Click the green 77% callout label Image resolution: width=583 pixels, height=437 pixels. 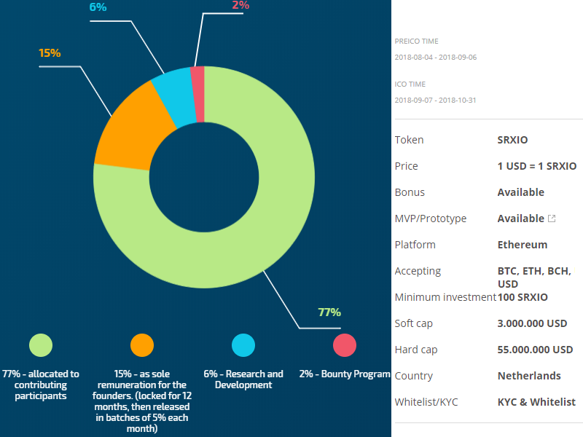click(329, 312)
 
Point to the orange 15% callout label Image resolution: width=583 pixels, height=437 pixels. click(50, 53)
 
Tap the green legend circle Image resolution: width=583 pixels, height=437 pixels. click(40, 345)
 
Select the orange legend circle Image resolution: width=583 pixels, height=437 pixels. click(141, 345)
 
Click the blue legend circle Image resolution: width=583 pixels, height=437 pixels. click(243, 345)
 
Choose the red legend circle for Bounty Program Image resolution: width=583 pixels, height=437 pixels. click(344, 345)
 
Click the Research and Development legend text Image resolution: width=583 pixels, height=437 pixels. click(243, 379)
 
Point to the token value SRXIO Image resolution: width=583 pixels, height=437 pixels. click(512, 140)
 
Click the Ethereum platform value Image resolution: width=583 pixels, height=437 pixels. click(522, 245)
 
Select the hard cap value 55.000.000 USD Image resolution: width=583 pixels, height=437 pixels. click(535, 350)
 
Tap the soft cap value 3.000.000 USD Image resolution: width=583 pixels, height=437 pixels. click(532, 323)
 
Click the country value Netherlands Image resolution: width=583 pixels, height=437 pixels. click(529, 376)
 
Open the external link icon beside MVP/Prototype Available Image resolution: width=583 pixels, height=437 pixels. click(552, 219)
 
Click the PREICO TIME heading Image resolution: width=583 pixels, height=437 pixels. click(416, 42)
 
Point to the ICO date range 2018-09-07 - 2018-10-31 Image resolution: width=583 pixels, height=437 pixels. click(435, 100)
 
